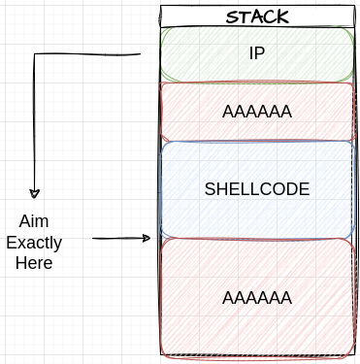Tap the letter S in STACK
point(231,17)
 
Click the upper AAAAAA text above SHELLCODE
point(256,112)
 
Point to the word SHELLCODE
point(256,189)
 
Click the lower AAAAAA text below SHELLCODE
point(256,298)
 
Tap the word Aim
point(34,221)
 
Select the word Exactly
point(34,242)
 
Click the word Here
point(34,262)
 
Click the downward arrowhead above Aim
point(34,192)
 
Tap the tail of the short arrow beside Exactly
point(94,238)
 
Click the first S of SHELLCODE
point(210,189)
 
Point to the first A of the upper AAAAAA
point(227,112)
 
